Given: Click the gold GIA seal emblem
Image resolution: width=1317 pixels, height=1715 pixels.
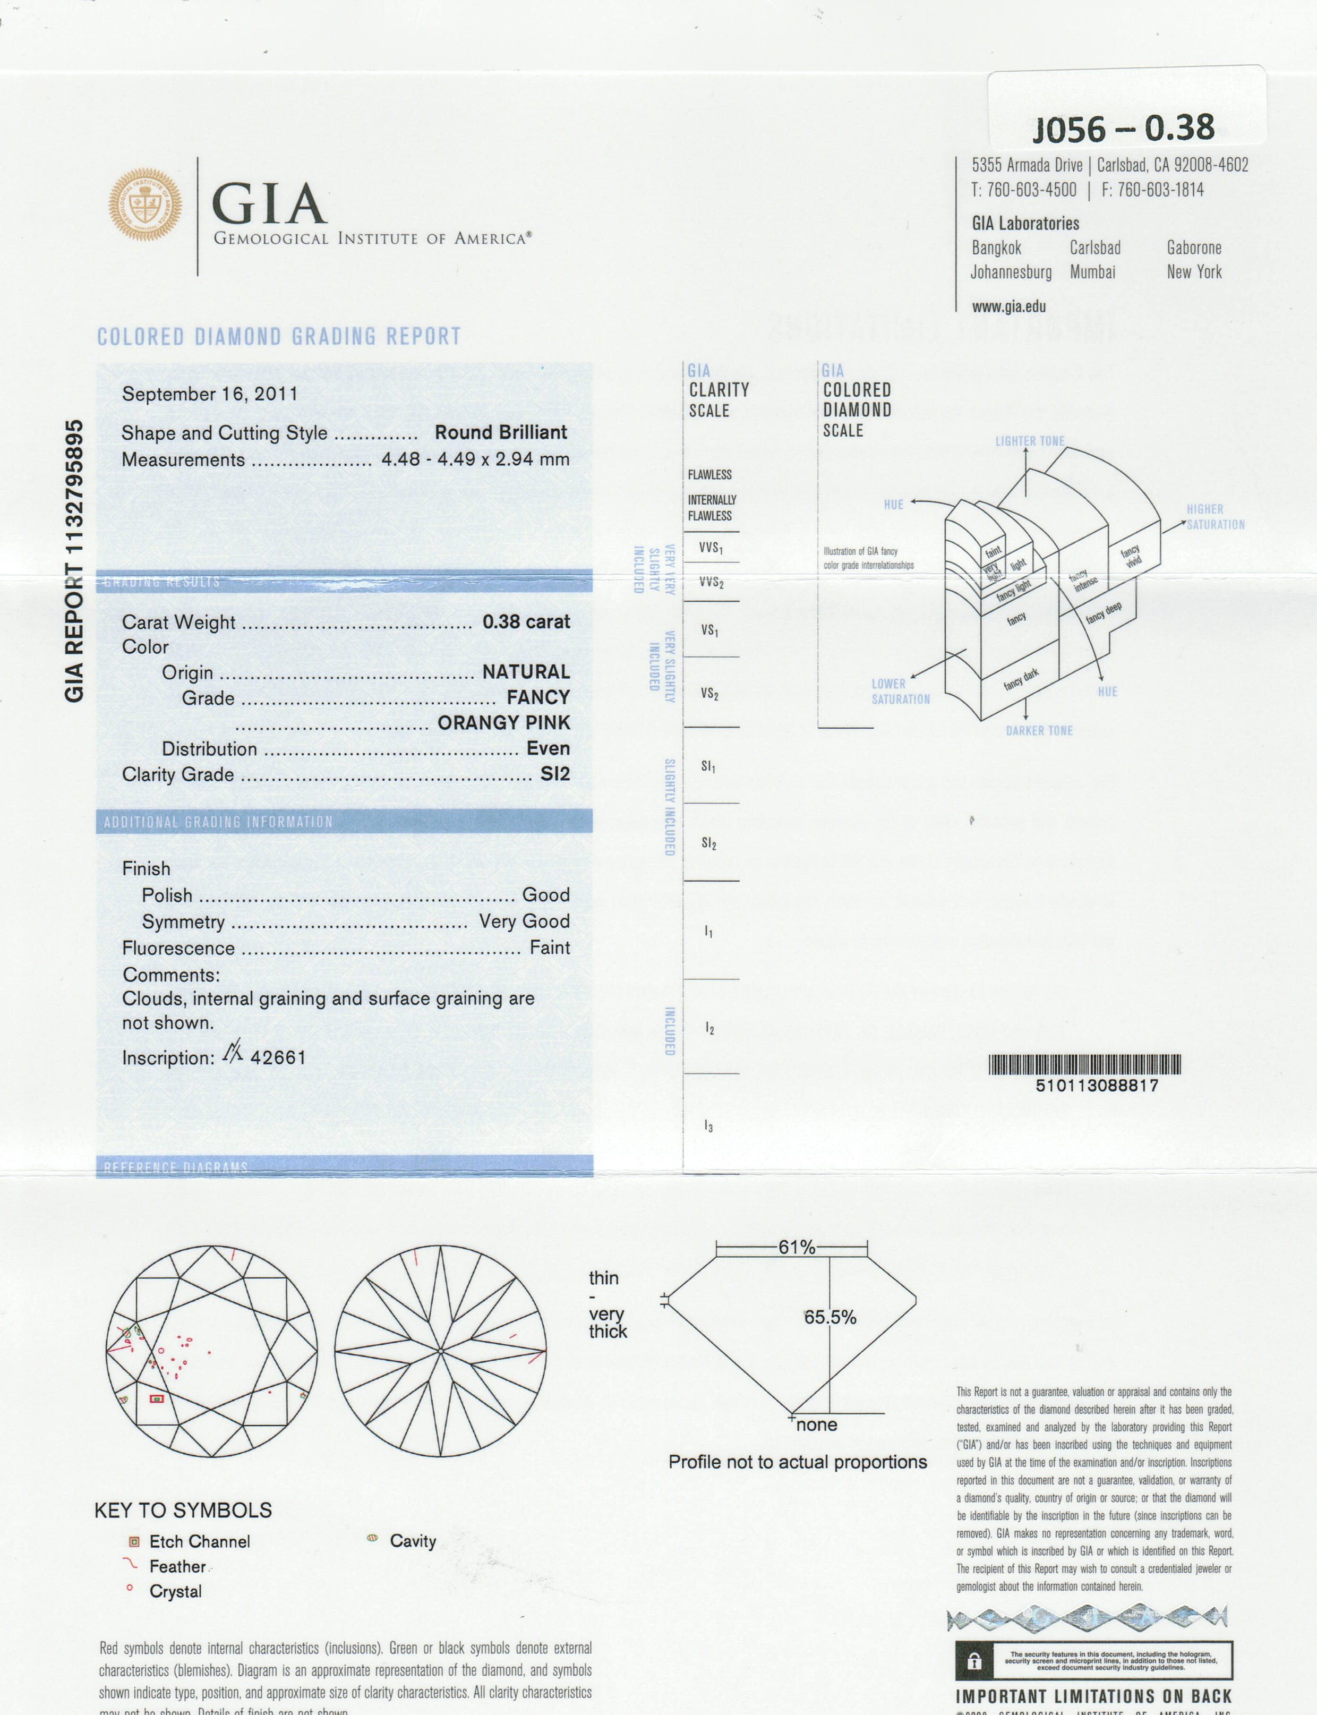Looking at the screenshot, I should [x=145, y=204].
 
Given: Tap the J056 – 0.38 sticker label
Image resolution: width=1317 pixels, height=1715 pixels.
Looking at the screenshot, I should [x=1123, y=128].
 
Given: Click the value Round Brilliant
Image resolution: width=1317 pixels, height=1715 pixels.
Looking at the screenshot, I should [x=501, y=433].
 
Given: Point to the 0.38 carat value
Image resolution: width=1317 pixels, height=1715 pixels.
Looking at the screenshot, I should [x=526, y=621].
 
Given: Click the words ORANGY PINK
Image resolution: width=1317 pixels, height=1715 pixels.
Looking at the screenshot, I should [x=503, y=723].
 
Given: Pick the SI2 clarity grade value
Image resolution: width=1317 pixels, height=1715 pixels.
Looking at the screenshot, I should [x=555, y=774].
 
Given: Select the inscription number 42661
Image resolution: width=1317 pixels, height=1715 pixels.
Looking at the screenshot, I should [x=278, y=1057].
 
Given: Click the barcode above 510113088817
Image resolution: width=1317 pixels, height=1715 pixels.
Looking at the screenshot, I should [x=1084, y=1064].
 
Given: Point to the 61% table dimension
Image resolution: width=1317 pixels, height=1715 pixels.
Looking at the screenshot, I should [x=797, y=1247].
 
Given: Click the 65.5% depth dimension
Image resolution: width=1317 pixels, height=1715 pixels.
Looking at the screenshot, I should [x=830, y=1318].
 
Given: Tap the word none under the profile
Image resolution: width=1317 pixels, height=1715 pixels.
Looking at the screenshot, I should [x=816, y=1425].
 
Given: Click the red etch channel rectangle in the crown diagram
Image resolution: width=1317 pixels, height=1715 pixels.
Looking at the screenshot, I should [x=157, y=1398].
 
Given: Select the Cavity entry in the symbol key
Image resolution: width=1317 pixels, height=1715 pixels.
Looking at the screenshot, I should [x=412, y=1541].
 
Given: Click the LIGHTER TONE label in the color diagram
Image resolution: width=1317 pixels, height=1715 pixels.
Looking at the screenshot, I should [x=1029, y=441].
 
